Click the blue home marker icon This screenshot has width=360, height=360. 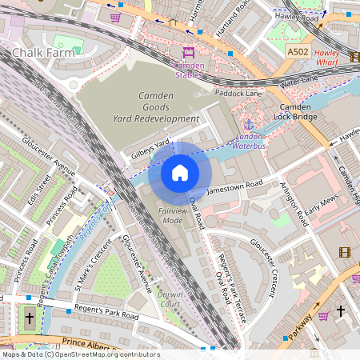(x=180, y=172)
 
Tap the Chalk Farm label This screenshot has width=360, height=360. (x=43, y=53)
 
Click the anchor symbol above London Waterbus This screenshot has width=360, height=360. (x=248, y=125)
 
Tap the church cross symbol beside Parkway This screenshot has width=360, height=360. (x=340, y=310)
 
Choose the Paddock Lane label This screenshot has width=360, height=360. (x=238, y=93)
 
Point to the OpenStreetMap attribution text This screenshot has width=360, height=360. (x=81, y=354)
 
